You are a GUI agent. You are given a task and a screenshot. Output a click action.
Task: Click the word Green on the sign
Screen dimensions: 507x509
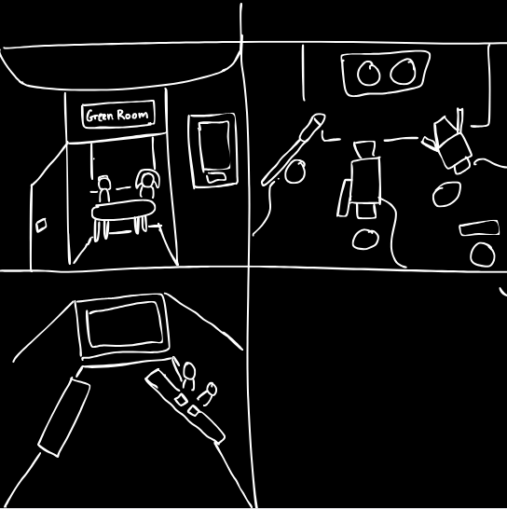[x=99, y=116]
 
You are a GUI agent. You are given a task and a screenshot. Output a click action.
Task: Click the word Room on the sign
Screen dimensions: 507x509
[x=132, y=115]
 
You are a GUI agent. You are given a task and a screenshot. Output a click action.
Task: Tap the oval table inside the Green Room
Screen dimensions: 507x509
[x=123, y=211]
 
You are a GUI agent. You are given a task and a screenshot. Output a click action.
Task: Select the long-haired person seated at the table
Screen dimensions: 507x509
[x=147, y=184]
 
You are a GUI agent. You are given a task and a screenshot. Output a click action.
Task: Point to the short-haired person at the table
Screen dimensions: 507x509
[x=103, y=188]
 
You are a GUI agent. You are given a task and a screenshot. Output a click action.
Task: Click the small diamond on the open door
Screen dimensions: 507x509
[x=41, y=226]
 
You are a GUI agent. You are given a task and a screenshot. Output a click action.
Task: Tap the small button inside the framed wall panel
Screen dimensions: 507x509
[x=216, y=177]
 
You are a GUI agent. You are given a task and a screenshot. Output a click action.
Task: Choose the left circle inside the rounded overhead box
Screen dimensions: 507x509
[x=368, y=74]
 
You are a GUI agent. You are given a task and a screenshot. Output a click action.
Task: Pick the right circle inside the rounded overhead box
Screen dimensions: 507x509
[x=404, y=72]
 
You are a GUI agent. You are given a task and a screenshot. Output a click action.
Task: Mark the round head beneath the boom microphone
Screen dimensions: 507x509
[x=295, y=172]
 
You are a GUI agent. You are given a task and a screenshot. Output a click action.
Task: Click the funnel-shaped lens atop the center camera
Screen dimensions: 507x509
[x=364, y=149]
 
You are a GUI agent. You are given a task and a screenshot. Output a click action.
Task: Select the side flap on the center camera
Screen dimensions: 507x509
[x=344, y=198]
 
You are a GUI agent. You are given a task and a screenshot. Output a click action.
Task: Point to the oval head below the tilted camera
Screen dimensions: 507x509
[x=446, y=194]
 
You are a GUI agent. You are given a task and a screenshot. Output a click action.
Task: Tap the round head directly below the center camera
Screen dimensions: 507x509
[x=365, y=240]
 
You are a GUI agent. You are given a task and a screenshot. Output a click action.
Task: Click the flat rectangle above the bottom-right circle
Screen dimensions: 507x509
[x=479, y=227]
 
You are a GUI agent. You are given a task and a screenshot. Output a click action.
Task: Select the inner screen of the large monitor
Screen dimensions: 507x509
[x=125, y=324]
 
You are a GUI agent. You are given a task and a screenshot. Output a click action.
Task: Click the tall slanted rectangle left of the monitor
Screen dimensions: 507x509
[x=64, y=418]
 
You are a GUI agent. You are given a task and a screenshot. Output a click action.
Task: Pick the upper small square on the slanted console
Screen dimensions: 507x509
[x=181, y=400]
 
